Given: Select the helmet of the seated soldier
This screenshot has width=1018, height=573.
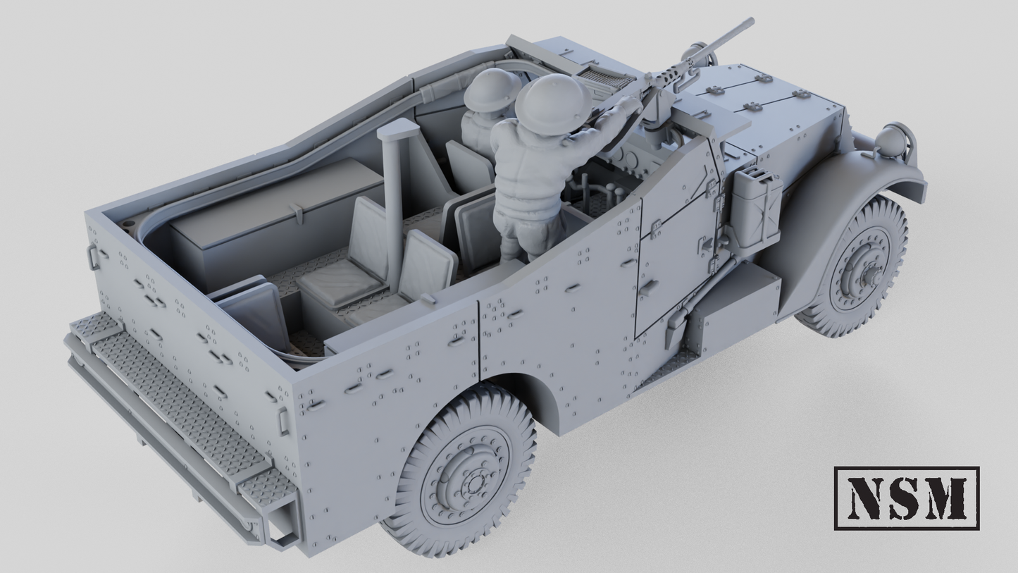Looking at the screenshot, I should [x=491, y=90].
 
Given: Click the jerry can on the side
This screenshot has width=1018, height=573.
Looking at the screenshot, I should [x=757, y=208].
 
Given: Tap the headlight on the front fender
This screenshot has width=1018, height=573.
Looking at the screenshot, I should [x=890, y=140].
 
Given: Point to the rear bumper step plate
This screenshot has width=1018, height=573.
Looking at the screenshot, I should [x=176, y=409].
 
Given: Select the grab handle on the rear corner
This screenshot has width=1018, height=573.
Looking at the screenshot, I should [x=283, y=421].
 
